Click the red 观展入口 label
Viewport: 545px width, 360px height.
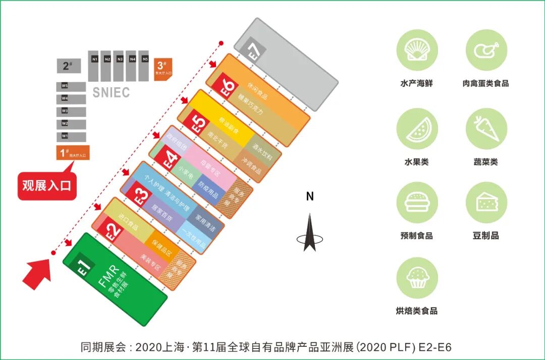point(47,186)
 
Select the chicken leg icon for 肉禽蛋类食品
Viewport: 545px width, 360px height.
point(486,50)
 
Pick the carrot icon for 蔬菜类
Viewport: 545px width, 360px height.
point(486,129)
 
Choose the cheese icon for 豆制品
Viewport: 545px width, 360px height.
point(486,202)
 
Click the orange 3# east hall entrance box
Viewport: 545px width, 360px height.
point(162,69)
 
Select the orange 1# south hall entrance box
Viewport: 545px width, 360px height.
point(72,153)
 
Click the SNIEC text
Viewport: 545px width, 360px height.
point(111,93)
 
